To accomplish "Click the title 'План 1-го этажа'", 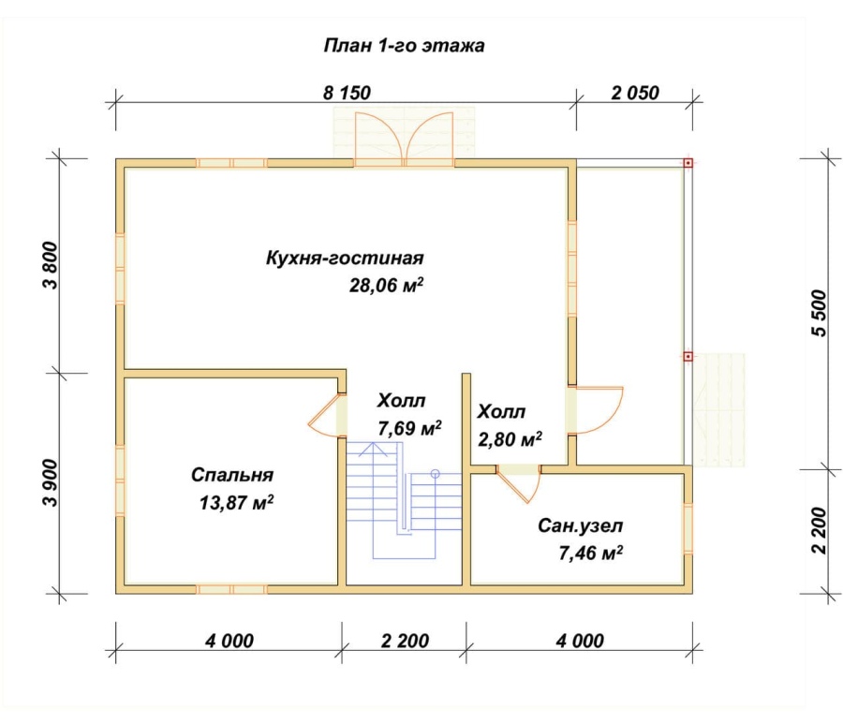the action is [x=404, y=45].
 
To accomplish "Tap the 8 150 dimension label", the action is [x=347, y=93].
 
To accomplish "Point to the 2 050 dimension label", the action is [x=635, y=93].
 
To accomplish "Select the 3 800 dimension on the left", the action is [x=51, y=265].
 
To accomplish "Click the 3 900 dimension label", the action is [x=51, y=482].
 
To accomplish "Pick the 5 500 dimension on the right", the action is [x=818, y=313].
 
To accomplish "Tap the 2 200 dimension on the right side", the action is [x=818, y=530].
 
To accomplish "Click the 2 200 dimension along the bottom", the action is [x=405, y=641].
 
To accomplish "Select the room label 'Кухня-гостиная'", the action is [x=345, y=258].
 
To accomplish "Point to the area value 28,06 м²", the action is [x=386, y=285].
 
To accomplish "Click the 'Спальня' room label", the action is [x=232, y=475].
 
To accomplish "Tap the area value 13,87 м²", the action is [x=236, y=503].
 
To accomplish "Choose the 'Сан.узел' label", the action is [x=580, y=525].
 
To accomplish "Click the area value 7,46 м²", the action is [x=591, y=553].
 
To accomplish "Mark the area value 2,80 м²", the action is [x=510, y=439].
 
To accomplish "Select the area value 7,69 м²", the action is [x=409, y=428].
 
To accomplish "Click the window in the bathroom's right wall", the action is [x=688, y=528].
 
